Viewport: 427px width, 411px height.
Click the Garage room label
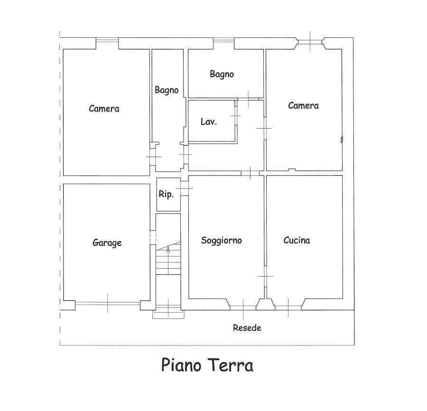107,243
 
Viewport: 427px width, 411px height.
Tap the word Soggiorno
222,241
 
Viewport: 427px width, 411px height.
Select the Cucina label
297,240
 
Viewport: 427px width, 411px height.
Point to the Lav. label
209,122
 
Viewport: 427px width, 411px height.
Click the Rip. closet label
166,195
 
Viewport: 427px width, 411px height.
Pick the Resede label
247,327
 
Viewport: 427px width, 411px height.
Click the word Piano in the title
182,365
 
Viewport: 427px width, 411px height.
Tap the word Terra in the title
231,365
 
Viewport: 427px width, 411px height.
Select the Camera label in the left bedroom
104,109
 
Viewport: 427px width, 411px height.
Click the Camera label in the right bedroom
303,106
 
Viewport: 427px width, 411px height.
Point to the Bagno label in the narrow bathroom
167,90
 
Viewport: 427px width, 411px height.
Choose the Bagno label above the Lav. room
222,74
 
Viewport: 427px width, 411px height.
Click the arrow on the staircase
168,260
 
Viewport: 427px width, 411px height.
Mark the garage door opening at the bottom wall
108,303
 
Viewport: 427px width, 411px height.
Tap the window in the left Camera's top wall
107,40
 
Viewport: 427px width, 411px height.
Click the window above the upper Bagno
223,40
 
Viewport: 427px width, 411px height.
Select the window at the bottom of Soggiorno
243,308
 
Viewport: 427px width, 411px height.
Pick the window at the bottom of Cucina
288,308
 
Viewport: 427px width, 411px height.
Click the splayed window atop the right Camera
310,42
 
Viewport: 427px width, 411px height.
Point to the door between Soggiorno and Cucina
265,276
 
